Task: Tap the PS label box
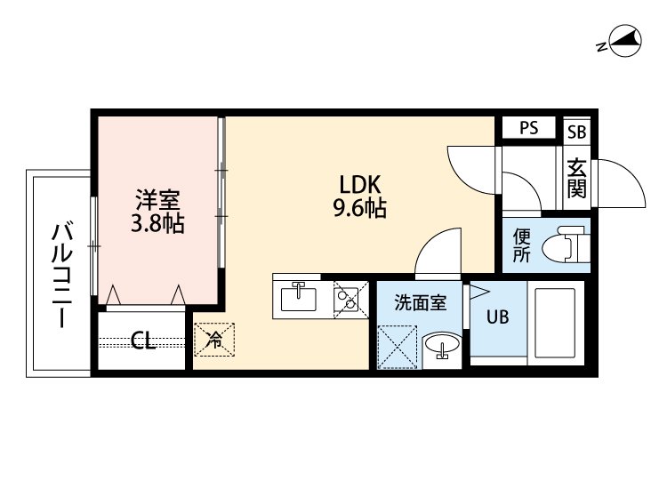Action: tap(529, 128)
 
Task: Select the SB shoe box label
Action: tap(577, 130)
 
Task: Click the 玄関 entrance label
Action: tap(577, 178)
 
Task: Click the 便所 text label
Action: tap(522, 246)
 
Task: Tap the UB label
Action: tap(497, 317)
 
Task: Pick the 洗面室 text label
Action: tap(420, 302)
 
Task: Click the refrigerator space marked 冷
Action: tap(214, 338)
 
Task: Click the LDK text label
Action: tap(359, 184)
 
